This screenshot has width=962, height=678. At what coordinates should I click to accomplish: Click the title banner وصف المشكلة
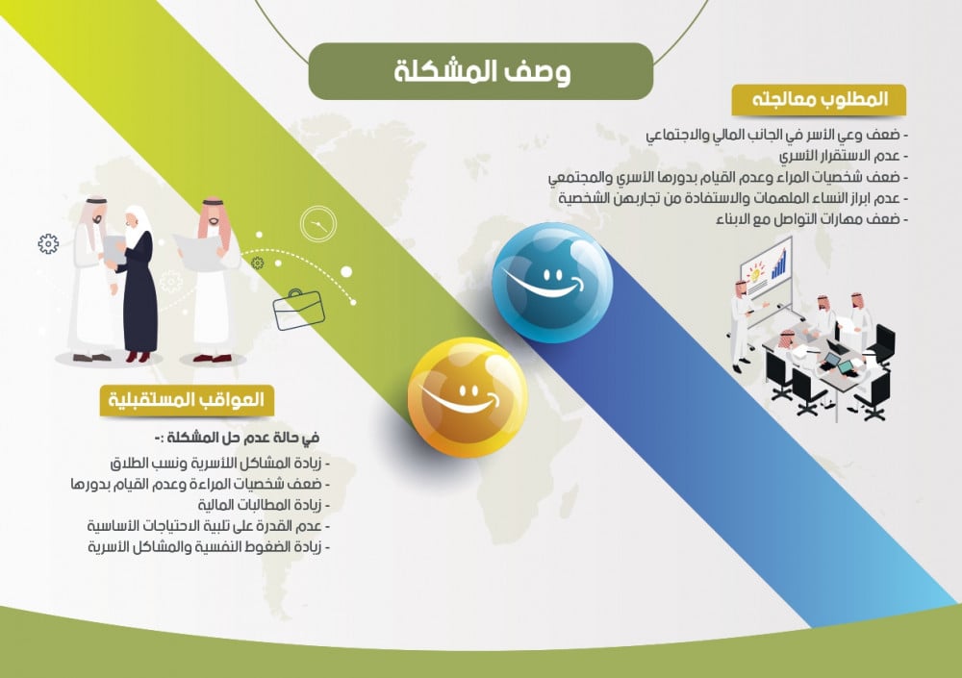480,71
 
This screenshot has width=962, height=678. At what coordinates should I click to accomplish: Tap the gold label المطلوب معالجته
819,99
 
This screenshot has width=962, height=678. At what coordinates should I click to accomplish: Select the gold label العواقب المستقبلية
187,400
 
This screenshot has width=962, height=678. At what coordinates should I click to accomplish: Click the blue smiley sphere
552,283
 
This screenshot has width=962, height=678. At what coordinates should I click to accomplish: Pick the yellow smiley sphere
468,397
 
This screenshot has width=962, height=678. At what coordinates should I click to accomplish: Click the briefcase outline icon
298,310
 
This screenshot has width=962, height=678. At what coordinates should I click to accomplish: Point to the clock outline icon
318,224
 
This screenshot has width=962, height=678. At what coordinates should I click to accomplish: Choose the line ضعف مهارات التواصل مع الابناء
812,219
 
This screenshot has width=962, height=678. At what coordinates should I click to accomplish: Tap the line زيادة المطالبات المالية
264,505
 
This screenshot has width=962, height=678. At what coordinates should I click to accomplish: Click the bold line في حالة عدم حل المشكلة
237,438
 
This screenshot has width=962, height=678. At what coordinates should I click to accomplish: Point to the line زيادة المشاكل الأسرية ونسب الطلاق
220,463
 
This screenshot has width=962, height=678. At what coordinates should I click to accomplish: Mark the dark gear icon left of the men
48,243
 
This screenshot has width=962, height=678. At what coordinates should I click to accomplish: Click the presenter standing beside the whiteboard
743,326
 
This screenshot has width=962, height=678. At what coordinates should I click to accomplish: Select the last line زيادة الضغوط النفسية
209,546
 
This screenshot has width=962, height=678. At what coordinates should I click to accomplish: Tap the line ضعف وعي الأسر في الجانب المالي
776,135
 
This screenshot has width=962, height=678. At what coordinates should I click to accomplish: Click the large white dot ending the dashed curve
346,271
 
